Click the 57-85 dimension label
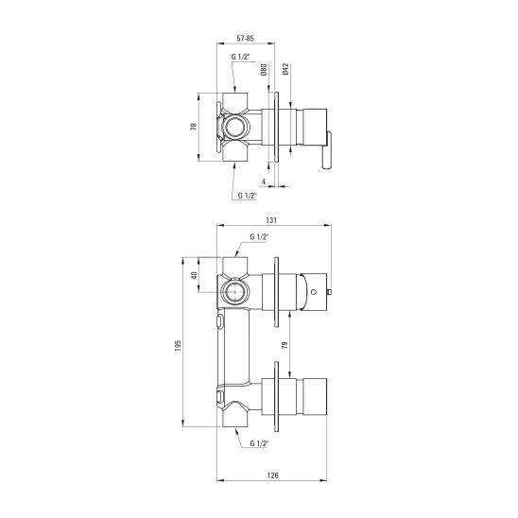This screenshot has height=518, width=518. point(246,39)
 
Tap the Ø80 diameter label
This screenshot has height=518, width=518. point(264,70)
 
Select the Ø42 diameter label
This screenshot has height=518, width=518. point(286,69)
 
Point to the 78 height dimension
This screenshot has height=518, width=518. point(194,127)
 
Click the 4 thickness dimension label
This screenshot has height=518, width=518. point(264,181)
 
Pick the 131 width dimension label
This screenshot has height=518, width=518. point(271,220)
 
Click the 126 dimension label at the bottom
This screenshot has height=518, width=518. point(273,475)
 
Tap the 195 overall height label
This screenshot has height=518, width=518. point(178,345)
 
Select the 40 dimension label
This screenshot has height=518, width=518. point(195,275)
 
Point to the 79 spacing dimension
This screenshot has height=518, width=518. point(285,345)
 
